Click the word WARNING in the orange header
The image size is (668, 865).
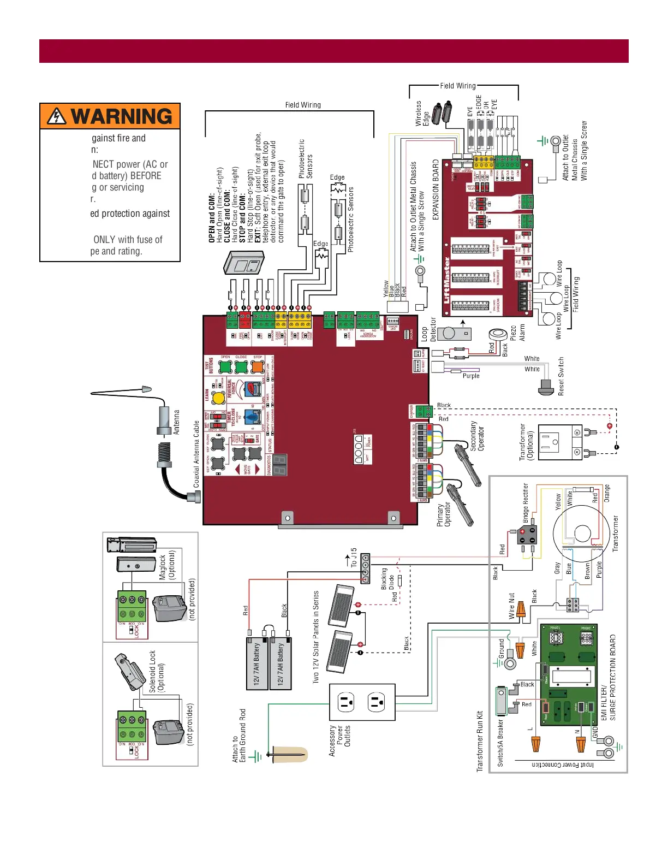pos(121,116)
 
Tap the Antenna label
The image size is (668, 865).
pos(176,422)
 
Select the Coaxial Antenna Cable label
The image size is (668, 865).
pos(196,454)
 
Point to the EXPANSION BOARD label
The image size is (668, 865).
pos(436,190)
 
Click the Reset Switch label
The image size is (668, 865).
pos(561,376)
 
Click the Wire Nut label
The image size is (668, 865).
pos(511,606)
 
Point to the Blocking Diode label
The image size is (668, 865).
pos(387,578)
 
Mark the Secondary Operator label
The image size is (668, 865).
pos(477,436)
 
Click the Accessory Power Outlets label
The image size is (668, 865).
pos(340,740)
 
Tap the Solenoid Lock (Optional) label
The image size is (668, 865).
pos(156,671)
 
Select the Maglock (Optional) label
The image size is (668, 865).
pos(166,565)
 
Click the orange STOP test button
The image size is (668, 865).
pos(258,367)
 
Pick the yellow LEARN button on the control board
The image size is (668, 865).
pos(218,398)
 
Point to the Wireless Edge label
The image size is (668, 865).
pos(422,114)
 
